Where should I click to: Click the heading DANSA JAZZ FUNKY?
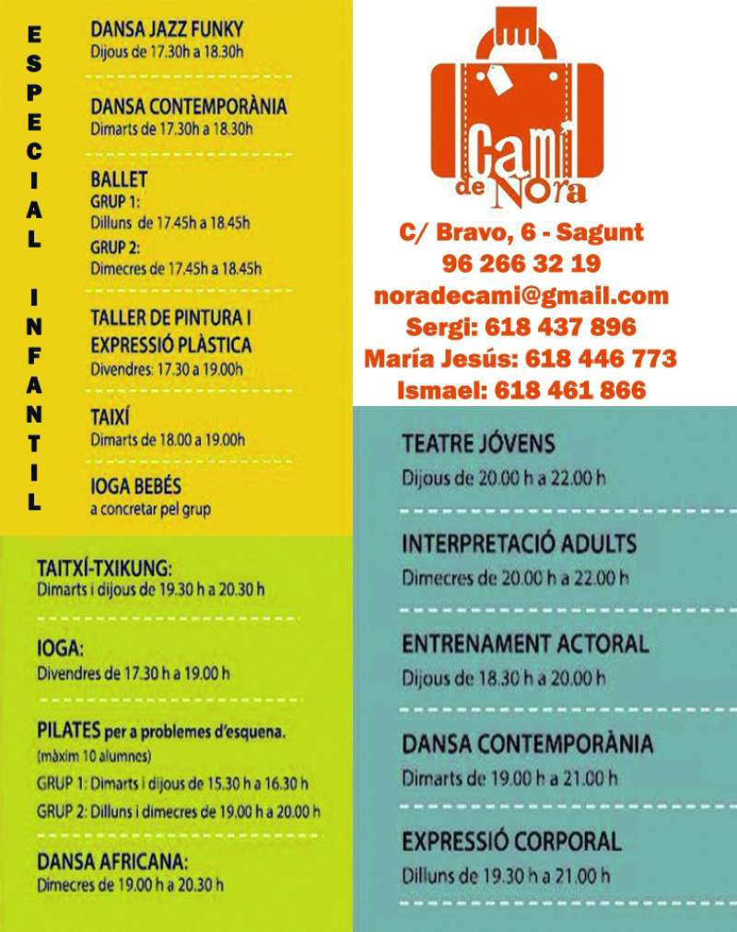(167, 29)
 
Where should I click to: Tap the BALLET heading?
(119, 178)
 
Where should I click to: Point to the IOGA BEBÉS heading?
(135, 484)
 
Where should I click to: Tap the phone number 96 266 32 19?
(521, 264)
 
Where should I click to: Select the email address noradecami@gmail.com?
(521, 296)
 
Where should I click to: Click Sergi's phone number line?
(521, 327)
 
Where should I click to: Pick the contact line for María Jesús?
(521, 358)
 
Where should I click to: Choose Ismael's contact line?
(521, 390)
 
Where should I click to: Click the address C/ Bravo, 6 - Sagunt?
(521, 232)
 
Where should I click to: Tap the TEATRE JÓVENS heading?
(478, 445)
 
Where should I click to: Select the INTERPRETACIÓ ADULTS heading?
(519, 543)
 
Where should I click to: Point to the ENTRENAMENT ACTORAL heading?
(525, 643)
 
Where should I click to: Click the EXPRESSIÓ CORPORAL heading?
(511, 840)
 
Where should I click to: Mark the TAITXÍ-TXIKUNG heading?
(105, 567)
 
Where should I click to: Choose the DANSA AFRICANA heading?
(112, 862)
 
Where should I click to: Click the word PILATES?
(68, 731)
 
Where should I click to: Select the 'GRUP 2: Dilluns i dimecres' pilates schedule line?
(179, 811)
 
